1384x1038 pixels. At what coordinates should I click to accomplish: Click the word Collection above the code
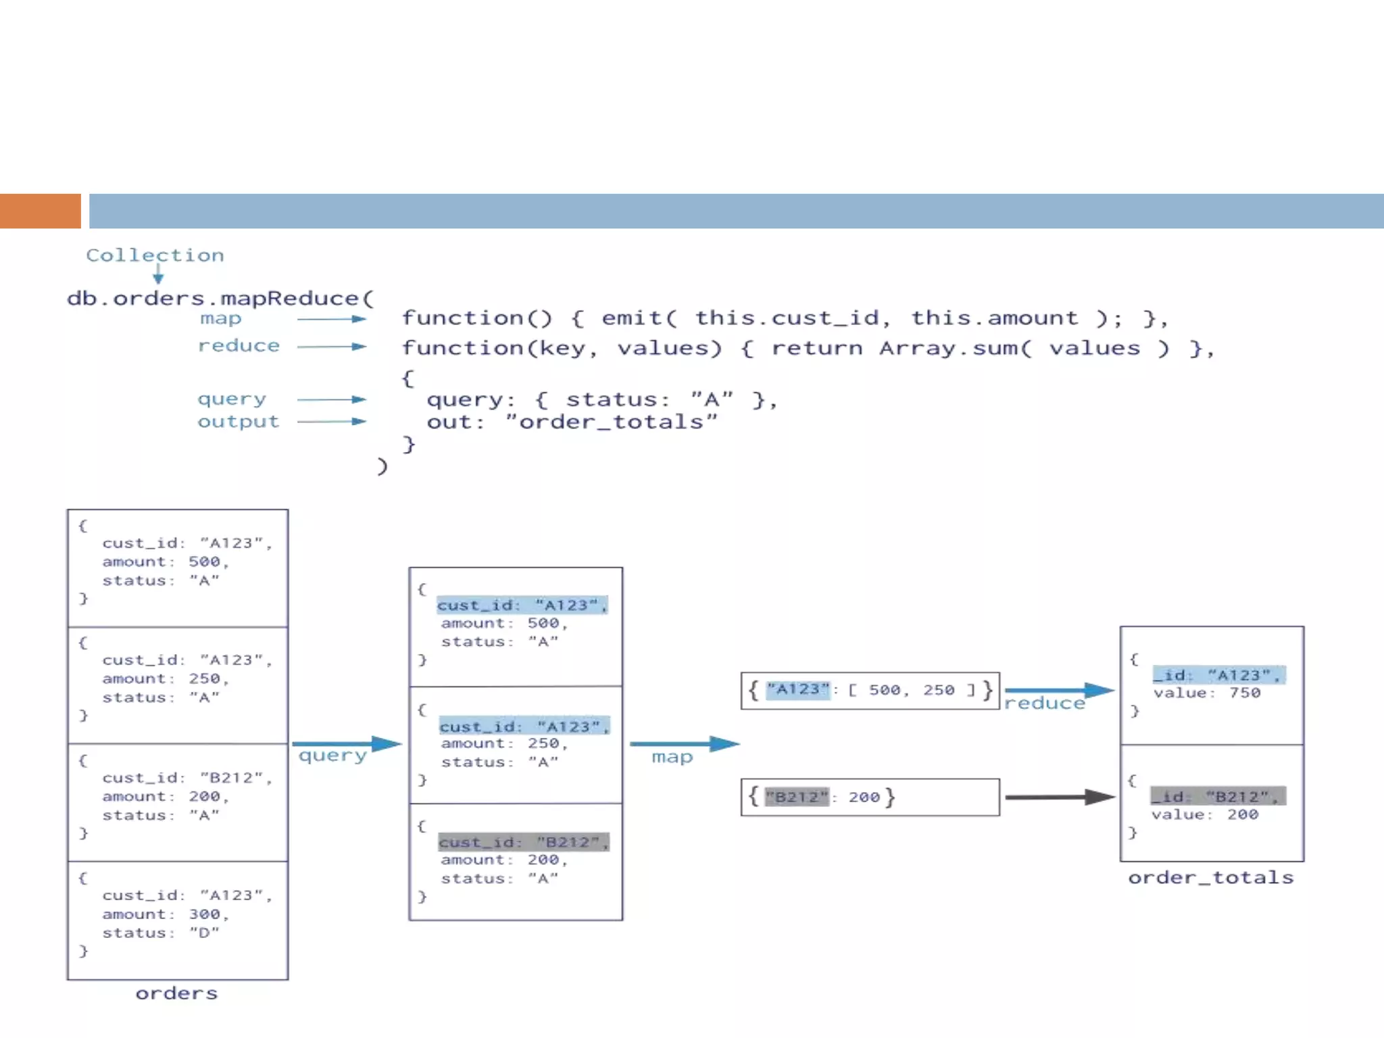tap(155, 255)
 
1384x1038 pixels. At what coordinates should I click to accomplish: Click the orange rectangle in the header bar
tap(40, 211)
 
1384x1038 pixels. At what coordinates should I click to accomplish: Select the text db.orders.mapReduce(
tap(220, 298)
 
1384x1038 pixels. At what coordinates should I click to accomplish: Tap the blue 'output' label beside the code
tap(238, 422)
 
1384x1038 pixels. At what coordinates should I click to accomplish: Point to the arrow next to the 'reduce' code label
tap(331, 347)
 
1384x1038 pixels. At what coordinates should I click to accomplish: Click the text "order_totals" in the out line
tap(612, 422)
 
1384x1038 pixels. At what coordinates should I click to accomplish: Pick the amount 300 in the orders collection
tap(205, 914)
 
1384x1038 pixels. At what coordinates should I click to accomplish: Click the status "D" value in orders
tap(204, 933)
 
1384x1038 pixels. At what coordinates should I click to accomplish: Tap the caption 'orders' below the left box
tap(176, 993)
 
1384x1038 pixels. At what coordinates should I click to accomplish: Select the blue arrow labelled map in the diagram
tap(684, 743)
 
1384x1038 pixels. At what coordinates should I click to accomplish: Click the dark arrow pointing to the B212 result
tap(1059, 797)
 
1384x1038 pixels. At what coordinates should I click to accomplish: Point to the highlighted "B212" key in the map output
tap(797, 797)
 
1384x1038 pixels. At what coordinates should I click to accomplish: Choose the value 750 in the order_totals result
tap(1245, 693)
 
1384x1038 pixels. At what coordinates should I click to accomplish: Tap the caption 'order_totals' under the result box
tap(1210, 878)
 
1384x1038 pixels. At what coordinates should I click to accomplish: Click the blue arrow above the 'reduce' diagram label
tap(1058, 690)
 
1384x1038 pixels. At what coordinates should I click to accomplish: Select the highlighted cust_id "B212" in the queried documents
tap(524, 842)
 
